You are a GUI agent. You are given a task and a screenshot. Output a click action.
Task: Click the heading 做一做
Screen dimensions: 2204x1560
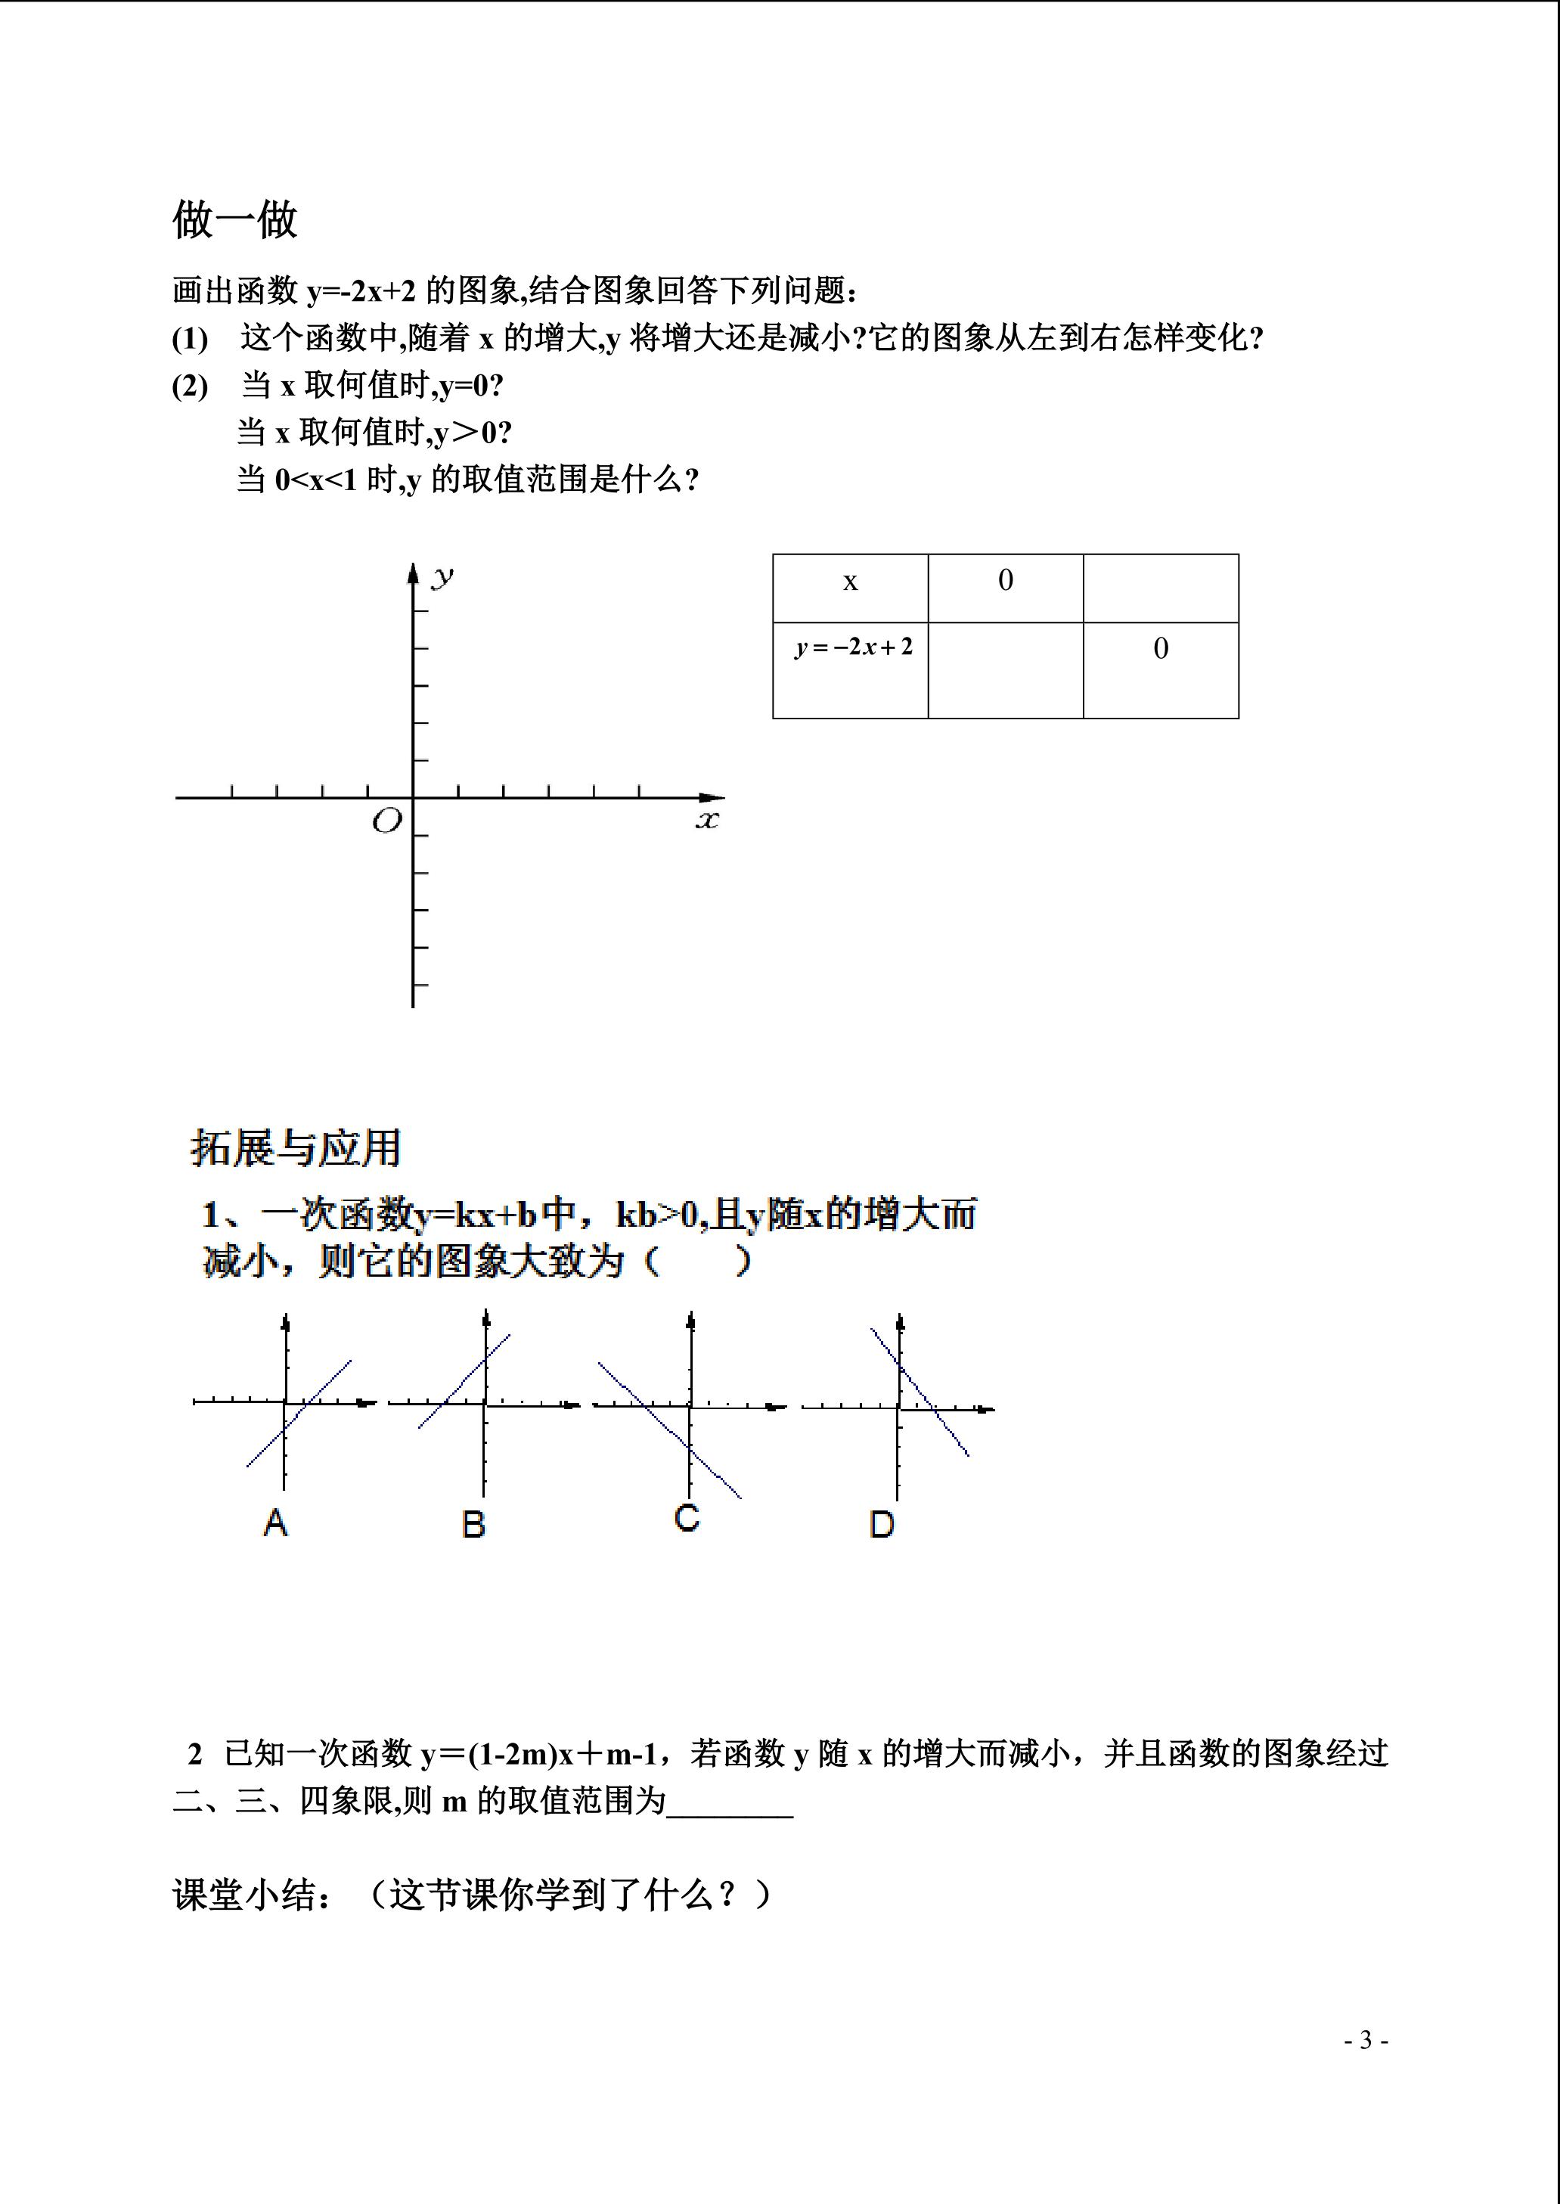[234, 220]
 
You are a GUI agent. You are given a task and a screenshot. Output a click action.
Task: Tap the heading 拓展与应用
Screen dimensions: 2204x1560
[295, 1148]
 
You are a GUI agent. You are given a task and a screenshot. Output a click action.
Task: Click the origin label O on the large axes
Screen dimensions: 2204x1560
[386, 821]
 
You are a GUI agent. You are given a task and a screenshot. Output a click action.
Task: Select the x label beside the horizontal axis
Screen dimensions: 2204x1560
[707, 820]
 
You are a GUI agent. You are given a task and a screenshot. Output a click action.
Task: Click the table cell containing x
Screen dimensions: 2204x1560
[850, 583]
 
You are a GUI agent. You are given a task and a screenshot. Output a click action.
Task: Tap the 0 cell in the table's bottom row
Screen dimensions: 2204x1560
[1161, 650]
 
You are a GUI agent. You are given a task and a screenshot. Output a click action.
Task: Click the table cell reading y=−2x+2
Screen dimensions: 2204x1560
[853, 647]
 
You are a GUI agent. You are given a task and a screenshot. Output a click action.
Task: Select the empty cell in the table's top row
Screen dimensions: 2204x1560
[1161, 588]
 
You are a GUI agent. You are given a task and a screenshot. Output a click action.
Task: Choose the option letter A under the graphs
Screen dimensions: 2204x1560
[276, 1522]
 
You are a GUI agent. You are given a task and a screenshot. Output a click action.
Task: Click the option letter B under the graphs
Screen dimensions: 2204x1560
[473, 1524]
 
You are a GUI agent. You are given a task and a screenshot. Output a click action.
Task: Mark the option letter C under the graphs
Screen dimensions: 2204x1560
[687, 1517]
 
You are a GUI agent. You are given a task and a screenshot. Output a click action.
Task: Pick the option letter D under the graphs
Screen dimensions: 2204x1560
[882, 1524]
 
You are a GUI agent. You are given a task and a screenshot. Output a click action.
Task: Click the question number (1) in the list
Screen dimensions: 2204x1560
[191, 339]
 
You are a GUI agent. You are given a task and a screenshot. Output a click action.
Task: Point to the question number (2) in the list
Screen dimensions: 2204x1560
[191, 386]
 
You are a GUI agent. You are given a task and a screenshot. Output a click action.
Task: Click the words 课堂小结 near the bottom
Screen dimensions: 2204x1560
[244, 1895]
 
